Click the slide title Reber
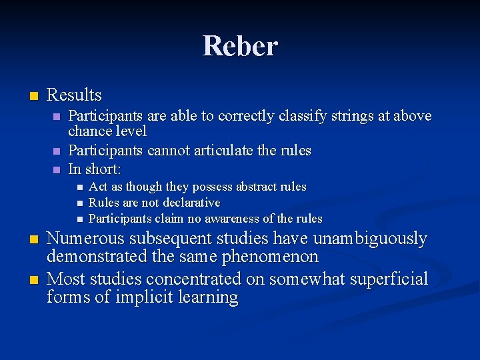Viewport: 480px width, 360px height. [x=240, y=46]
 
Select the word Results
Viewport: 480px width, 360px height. [x=74, y=95]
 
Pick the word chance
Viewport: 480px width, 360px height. [x=90, y=131]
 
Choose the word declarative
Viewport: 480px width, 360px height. [x=187, y=203]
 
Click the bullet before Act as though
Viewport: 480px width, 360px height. [x=79, y=187]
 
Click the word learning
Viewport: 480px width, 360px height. [x=208, y=297]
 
